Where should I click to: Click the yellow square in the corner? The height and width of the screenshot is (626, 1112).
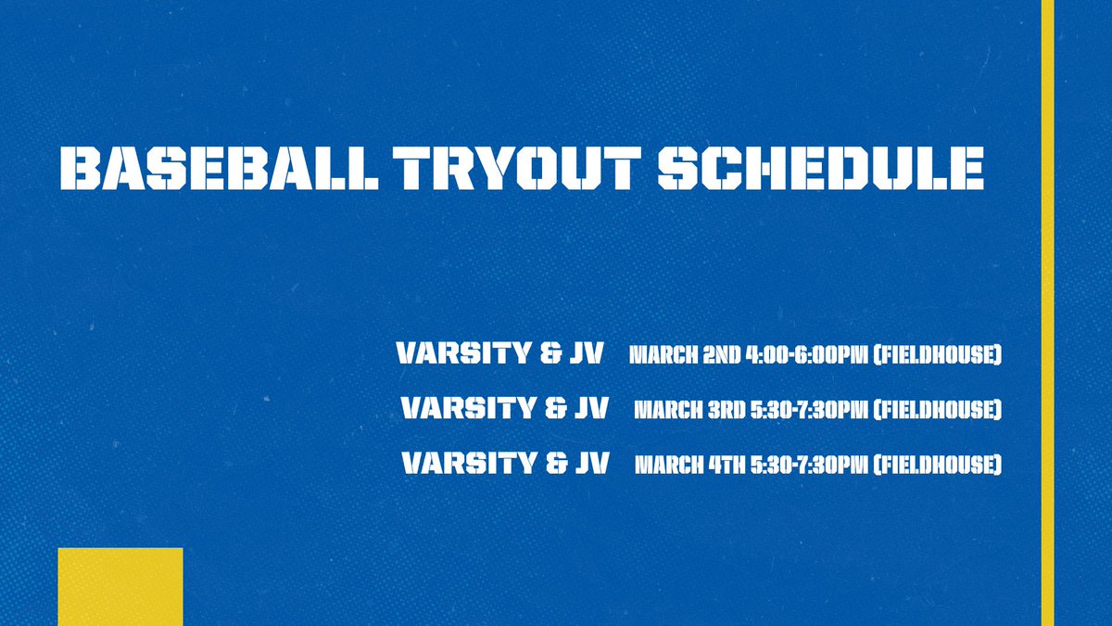pyautogui.click(x=120, y=586)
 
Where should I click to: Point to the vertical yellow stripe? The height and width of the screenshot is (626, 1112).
pyautogui.click(x=1047, y=313)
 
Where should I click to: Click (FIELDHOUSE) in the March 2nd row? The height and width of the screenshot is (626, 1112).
pyautogui.click(x=940, y=355)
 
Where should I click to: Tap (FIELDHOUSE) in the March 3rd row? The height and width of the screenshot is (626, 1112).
pyautogui.click(x=938, y=409)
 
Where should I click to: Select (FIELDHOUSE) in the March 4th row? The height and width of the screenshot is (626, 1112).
pyautogui.click(x=938, y=464)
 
